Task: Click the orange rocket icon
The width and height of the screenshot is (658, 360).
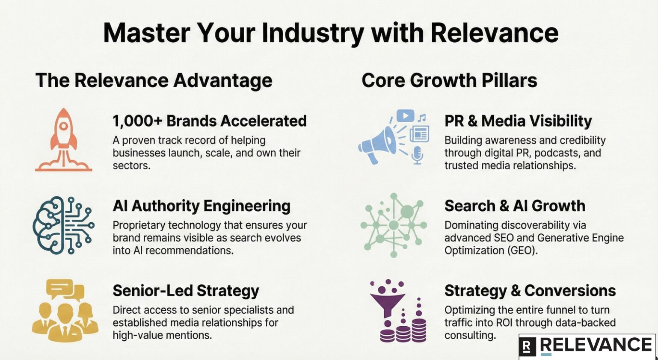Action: coord(63,140)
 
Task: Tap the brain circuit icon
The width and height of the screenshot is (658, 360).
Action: coord(63,225)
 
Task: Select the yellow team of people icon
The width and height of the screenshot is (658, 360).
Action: coord(65,310)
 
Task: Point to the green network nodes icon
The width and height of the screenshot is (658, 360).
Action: coord(393,225)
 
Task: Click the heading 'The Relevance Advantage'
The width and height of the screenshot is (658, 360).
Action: coord(154,80)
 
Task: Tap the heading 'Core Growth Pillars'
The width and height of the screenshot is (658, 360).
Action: coord(449,80)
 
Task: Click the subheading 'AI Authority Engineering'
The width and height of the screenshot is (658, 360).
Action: coord(202,206)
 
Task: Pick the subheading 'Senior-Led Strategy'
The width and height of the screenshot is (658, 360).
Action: coord(186,291)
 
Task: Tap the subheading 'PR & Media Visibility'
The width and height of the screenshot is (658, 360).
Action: coord(518,121)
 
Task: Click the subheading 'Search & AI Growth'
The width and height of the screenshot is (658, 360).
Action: coord(515,206)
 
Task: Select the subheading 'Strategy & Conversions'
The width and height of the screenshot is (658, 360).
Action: coord(530,291)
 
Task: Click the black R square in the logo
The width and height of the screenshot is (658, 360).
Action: coord(527,347)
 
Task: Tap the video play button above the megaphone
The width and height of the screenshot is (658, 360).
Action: coord(406,115)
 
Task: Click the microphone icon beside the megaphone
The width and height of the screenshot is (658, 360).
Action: coord(417,155)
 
